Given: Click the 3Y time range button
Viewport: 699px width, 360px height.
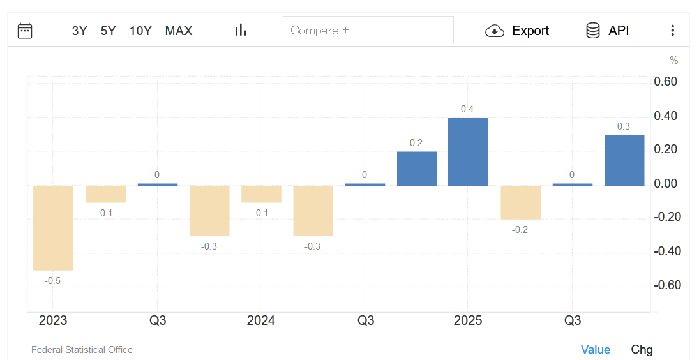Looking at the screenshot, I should point(79,31).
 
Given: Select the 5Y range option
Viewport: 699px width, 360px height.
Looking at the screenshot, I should point(108,31).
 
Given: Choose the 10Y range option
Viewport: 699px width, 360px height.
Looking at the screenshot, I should point(140,31).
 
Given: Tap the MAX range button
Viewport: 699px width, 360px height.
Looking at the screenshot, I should point(179,31).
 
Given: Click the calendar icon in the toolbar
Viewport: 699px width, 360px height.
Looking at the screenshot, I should point(25,31).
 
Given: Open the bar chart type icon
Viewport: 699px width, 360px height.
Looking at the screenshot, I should point(241,30).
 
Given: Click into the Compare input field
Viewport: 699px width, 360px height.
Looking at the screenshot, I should point(368,30).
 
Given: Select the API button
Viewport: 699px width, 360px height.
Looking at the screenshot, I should point(608,31).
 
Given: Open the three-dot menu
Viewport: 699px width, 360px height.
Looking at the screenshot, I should point(672,31).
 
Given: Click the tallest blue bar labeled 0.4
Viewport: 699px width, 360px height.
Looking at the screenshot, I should point(468,152).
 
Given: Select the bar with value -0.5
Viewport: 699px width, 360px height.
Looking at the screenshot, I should point(53,228).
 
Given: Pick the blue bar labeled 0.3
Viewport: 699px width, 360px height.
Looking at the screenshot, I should point(624,160).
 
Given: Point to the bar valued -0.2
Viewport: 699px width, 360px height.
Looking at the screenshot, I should point(520,202).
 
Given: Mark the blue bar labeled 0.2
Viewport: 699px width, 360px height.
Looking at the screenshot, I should point(417,169).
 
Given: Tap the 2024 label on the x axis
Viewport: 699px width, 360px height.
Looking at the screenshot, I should point(261,320).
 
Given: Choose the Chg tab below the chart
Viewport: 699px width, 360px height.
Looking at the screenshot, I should point(642,349).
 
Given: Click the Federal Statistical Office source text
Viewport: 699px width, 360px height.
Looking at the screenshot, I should point(82,350).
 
